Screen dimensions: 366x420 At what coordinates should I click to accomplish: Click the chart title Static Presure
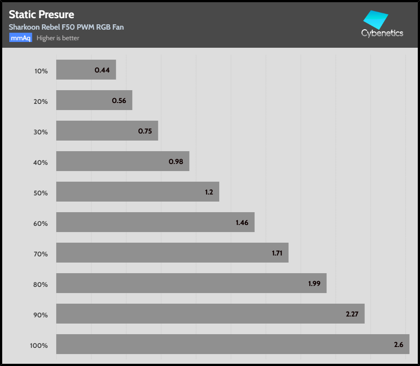pos(42,15)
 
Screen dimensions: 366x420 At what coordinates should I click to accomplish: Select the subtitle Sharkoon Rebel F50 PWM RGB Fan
pos(66,27)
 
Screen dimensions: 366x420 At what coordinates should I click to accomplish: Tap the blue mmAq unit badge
pos(21,38)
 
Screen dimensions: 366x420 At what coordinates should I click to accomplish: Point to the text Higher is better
pos(58,38)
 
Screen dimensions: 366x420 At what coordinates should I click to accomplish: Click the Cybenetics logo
pos(382,25)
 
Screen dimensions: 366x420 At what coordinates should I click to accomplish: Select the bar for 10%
pos(86,70)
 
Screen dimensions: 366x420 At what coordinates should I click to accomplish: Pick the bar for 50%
pos(137,192)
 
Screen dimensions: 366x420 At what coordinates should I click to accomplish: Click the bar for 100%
pos(233,344)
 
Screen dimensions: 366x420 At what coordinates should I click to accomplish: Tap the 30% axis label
pos(41,132)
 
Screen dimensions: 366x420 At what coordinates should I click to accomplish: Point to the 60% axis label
pos(41,223)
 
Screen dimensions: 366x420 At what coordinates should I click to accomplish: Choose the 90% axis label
pos(41,315)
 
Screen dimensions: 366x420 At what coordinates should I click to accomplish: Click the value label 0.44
pos(102,70)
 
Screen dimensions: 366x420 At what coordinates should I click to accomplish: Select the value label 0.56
pos(119,100)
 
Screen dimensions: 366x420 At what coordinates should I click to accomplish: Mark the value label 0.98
pos(176,161)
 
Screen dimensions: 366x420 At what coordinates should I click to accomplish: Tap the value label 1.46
pos(242,222)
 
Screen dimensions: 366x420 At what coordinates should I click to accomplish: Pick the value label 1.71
pos(277,253)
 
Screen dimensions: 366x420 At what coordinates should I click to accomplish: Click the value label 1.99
pos(314,283)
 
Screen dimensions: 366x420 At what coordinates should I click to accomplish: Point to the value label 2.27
pos(352,314)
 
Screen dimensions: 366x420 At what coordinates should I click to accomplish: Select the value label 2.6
pos(398,344)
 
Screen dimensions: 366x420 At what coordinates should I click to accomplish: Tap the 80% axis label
pos(41,284)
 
